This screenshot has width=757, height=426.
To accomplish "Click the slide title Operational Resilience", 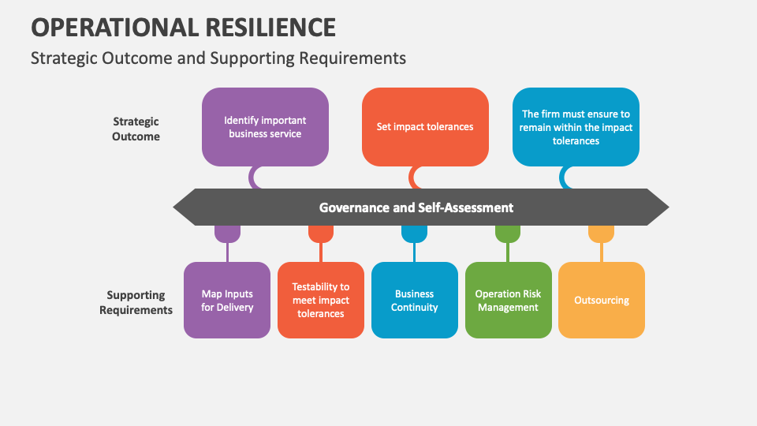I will click(183, 28).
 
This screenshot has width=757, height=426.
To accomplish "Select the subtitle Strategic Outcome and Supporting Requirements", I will click(218, 58).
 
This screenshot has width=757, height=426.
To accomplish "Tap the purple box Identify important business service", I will click(265, 127).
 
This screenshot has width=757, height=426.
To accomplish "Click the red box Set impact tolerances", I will click(425, 127).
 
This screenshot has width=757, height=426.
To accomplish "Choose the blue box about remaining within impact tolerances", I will click(576, 127).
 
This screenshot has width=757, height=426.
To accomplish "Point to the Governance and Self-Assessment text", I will click(416, 207).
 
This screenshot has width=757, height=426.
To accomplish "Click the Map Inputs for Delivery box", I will click(227, 301).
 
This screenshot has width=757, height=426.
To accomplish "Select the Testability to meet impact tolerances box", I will click(321, 301).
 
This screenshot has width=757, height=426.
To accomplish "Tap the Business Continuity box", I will click(415, 301).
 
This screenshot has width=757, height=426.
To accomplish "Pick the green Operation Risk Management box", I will click(508, 301).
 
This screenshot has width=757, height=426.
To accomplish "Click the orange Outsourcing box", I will click(602, 301).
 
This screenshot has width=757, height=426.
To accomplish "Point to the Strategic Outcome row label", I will click(136, 129).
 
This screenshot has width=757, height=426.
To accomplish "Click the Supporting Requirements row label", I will click(136, 302).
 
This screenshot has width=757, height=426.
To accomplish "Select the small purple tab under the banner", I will click(227, 234).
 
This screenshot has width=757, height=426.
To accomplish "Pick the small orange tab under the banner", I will click(601, 234).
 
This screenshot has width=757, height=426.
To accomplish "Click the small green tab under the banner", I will click(508, 234).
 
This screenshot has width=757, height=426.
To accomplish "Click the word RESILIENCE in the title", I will click(270, 28).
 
